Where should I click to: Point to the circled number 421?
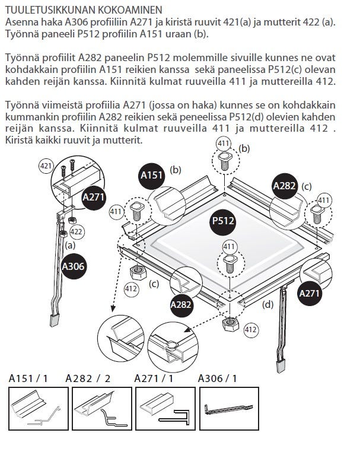click(x=46, y=167)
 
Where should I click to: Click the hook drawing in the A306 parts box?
click(x=228, y=409)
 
